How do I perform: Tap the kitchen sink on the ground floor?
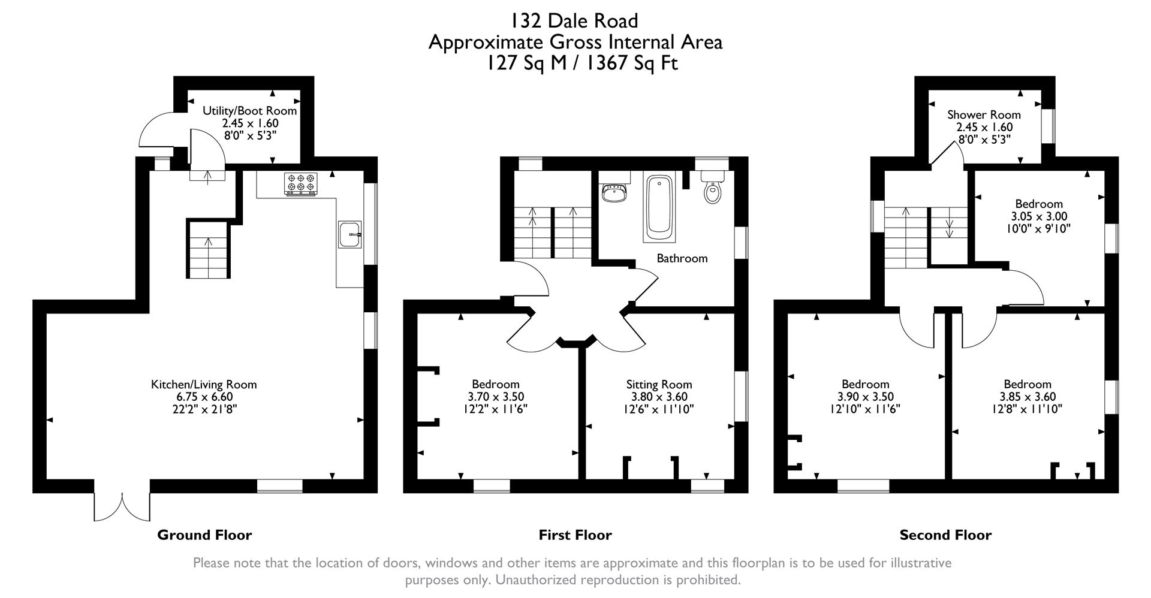click(349, 234)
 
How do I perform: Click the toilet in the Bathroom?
click(712, 190)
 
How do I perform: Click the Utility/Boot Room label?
click(249, 111)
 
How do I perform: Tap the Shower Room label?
click(984, 114)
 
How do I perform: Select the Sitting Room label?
click(659, 384)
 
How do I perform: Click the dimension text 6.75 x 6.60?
click(204, 397)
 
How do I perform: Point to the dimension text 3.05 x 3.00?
click(1038, 216)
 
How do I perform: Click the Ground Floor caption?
click(204, 534)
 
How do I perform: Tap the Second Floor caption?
click(945, 534)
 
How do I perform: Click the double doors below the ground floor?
click(122, 506)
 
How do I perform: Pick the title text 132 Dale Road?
click(574, 21)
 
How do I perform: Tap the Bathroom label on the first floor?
click(682, 258)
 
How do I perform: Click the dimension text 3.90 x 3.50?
click(865, 397)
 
